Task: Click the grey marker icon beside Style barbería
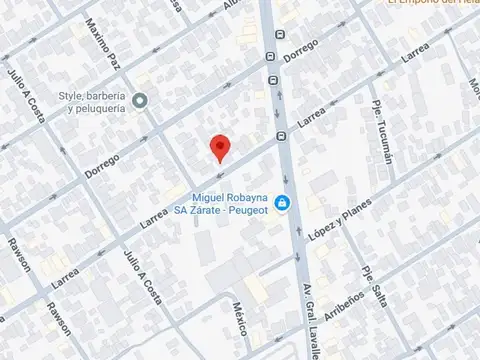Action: tap(141, 100)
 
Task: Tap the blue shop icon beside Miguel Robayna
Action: tap(283, 204)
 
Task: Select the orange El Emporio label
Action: tap(430, 3)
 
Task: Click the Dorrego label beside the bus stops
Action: tap(299, 49)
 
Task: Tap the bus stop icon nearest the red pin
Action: tap(281, 137)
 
